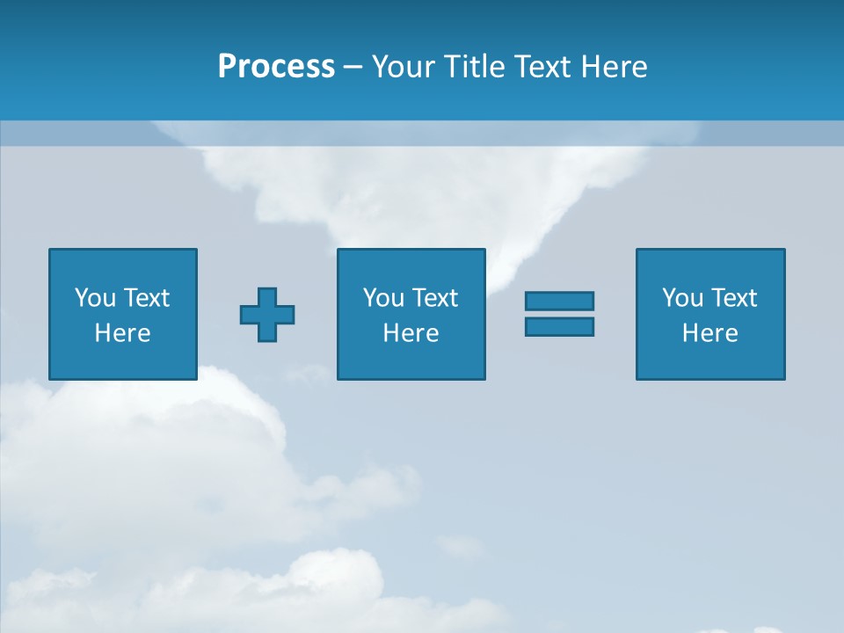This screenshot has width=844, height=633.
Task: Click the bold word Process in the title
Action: click(x=276, y=67)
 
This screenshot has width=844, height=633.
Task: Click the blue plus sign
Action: click(x=267, y=315)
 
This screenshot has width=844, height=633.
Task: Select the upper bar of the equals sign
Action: click(x=559, y=301)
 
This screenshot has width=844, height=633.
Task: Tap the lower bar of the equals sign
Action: click(x=559, y=326)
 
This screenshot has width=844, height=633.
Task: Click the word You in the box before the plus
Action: click(x=95, y=298)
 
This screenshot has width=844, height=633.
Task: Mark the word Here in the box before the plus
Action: click(x=122, y=333)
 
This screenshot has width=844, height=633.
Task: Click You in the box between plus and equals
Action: click(x=383, y=298)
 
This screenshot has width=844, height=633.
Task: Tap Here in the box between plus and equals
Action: click(x=411, y=333)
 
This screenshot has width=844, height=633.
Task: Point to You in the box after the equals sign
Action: click(x=682, y=298)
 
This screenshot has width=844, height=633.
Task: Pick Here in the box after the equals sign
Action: click(x=709, y=333)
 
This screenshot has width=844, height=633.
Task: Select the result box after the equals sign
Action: click(x=710, y=360)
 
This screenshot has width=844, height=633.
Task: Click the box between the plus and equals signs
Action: click(x=411, y=360)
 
